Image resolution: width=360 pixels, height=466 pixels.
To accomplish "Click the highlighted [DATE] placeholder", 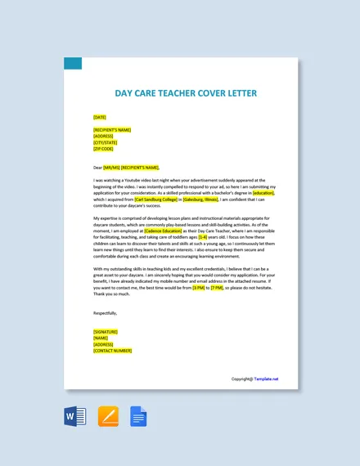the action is (100, 117).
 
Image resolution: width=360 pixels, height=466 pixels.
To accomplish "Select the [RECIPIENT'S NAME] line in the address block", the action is (112, 129).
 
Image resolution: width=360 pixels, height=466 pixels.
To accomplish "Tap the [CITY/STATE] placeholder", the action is (106, 142).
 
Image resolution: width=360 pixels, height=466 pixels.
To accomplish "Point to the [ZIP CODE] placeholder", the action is (103, 149).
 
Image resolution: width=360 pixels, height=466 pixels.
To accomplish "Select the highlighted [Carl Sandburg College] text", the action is (155, 199).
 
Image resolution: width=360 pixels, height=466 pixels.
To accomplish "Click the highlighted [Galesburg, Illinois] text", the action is (201, 199).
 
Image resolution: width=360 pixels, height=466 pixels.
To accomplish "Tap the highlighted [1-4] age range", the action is (203, 237).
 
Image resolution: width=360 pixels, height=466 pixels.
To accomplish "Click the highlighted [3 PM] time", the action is (199, 288).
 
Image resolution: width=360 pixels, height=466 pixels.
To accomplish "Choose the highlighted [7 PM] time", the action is (217, 288).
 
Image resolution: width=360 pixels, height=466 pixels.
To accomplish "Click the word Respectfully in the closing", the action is (106, 312).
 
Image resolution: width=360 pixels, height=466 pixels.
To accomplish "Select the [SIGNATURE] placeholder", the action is (106, 331).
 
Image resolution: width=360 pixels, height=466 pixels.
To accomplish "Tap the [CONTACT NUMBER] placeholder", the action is (112, 351).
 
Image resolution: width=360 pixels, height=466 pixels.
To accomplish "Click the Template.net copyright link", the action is (266, 379).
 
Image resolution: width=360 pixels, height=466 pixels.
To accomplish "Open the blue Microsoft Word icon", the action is (74, 416).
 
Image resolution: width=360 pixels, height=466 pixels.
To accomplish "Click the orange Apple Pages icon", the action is (108, 416).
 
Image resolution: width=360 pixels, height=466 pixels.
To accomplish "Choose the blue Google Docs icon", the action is (137, 416).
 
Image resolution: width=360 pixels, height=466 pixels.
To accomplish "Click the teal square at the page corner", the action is (73, 63).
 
